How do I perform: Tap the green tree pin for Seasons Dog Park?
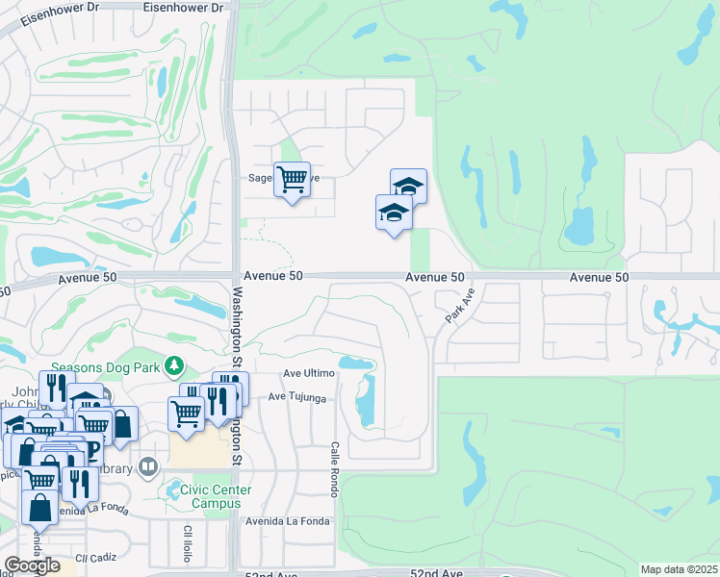coord(173,365)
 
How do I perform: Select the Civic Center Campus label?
coord(208,496)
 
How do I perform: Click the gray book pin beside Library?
coord(147,467)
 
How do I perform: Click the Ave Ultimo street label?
coord(308,373)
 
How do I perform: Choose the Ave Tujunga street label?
coord(297,396)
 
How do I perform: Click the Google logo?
coord(32,565)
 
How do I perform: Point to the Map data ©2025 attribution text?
coord(679,569)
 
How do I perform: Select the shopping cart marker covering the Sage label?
coord(292,178)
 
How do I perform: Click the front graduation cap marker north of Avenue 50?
coord(393,213)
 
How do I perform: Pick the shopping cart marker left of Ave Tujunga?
coord(186,413)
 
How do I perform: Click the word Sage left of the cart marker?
coord(261,178)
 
